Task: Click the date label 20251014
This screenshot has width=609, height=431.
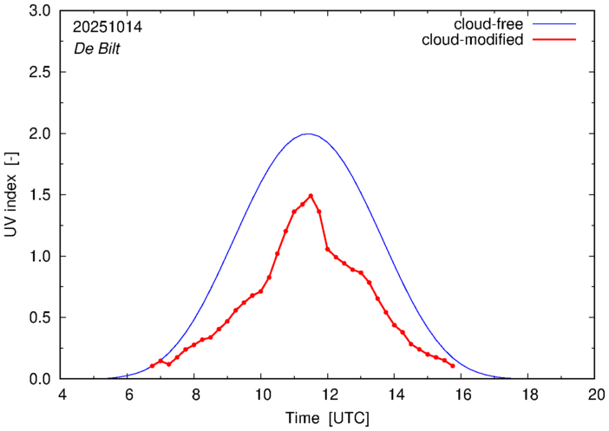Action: pyautogui.click(x=108, y=27)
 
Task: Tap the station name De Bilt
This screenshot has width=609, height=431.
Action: pyautogui.click(x=96, y=49)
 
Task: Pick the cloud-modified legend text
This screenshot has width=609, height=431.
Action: pyautogui.click(x=472, y=40)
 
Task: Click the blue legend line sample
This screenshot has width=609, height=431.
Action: pyautogui.click(x=555, y=24)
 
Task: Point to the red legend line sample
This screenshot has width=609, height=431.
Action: pyautogui.click(x=555, y=40)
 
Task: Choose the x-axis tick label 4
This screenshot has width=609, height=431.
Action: pyautogui.click(x=62, y=395)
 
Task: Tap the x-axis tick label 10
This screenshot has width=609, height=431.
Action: pyautogui.click(x=262, y=395)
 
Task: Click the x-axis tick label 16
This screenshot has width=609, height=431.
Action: pyautogui.click(x=462, y=395)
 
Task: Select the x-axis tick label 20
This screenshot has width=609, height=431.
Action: pyautogui.click(x=595, y=395)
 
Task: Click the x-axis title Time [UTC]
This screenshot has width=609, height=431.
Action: pyautogui.click(x=328, y=417)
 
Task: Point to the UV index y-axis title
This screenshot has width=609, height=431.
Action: pyautogui.click(x=12, y=195)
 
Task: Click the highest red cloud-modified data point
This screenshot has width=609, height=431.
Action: pyautogui.click(x=311, y=196)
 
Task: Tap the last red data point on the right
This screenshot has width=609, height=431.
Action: pyautogui.click(x=453, y=366)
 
